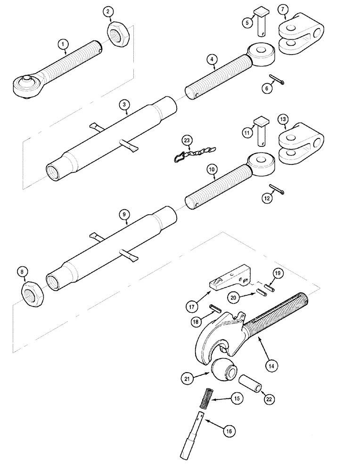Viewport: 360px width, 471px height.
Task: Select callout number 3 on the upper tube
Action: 123,105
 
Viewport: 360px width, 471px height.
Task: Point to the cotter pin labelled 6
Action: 277,81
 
